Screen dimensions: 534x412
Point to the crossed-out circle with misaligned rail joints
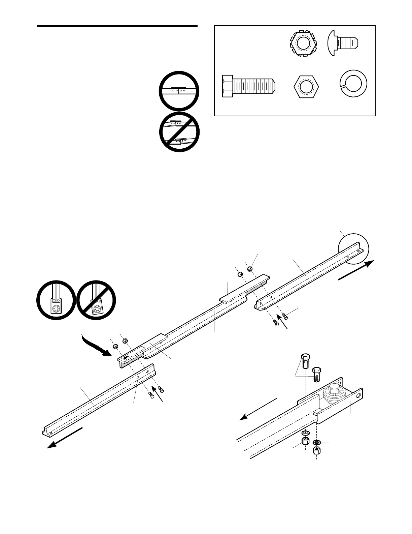click(x=179, y=132)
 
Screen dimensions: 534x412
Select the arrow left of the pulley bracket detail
click(x=257, y=410)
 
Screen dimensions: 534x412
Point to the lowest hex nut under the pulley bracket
click(x=317, y=450)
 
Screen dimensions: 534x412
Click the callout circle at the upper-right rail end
click(x=353, y=248)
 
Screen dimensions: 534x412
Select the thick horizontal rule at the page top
click(x=117, y=26)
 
